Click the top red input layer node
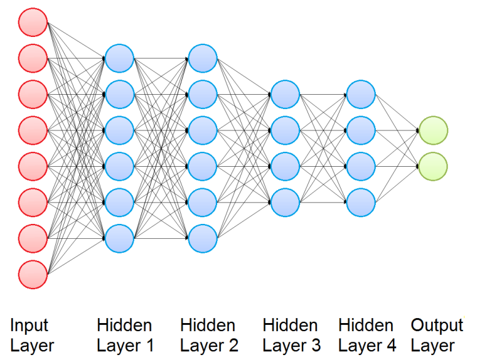(x=33, y=23)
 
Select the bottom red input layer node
(x=33, y=273)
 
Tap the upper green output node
(x=433, y=130)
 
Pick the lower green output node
(x=433, y=166)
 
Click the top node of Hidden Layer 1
(x=119, y=58)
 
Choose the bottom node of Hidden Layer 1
(x=119, y=238)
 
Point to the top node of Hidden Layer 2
(x=203, y=58)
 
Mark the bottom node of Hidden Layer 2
(x=203, y=238)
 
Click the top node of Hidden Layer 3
(x=285, y=94)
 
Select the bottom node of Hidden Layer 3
(x=285, y=201)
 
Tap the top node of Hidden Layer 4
(x=361, y=94)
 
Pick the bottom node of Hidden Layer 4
(x=361, y=201)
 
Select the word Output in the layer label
(x=437, y=325)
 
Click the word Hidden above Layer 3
(x=290, y=325)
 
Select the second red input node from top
(x=33, y=59)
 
